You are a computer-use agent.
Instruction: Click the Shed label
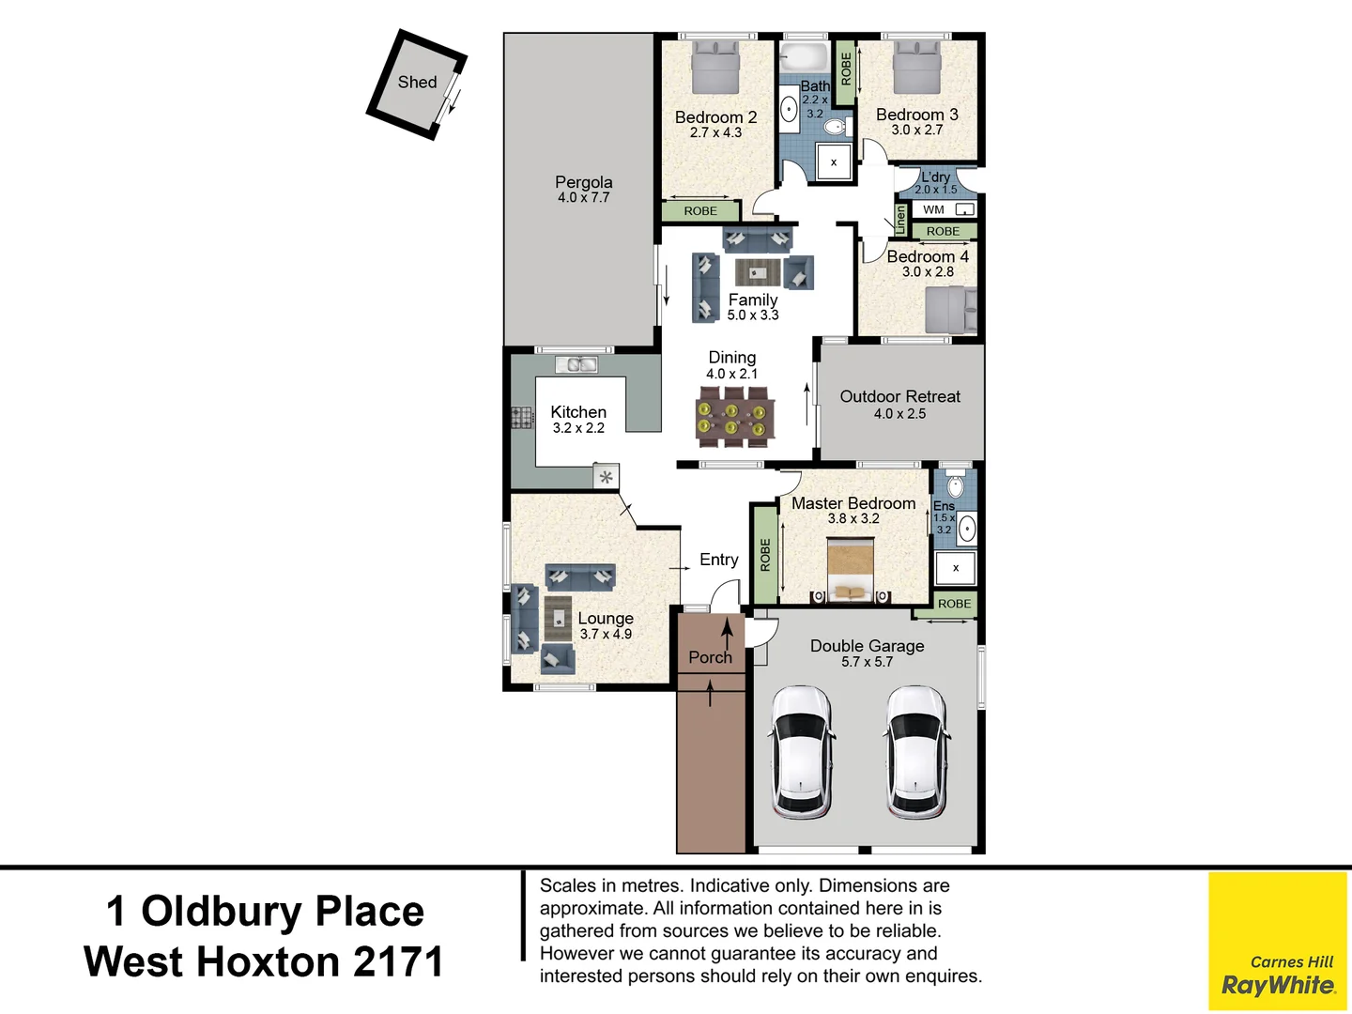tap(417, 83)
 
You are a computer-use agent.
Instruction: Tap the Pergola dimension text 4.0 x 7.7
tap(583, 198)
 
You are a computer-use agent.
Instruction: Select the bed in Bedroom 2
tap(716, 68)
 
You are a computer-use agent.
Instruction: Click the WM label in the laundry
tap(933, 209)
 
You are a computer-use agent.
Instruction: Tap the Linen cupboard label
tap(900, 220)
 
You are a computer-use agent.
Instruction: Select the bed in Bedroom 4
tap(950, 310)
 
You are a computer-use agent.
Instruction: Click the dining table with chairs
tap(735, 419)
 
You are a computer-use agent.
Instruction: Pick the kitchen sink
tap(576, 364)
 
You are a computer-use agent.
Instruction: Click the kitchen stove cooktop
tap(522, 417)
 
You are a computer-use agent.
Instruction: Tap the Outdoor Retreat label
tap(899, 397)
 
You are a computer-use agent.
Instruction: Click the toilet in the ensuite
tap(955, 484)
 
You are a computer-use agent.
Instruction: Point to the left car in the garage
tap(801, 751)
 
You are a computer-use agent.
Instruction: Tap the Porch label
tap(710, 657)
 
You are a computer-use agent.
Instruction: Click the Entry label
tap(718, 560)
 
